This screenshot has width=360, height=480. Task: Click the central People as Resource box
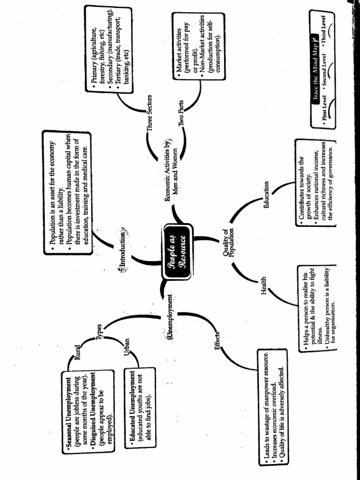tap(177, 253)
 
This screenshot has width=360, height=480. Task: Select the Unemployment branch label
tap(170, 317)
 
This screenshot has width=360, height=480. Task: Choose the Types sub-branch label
tap(99, 333)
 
